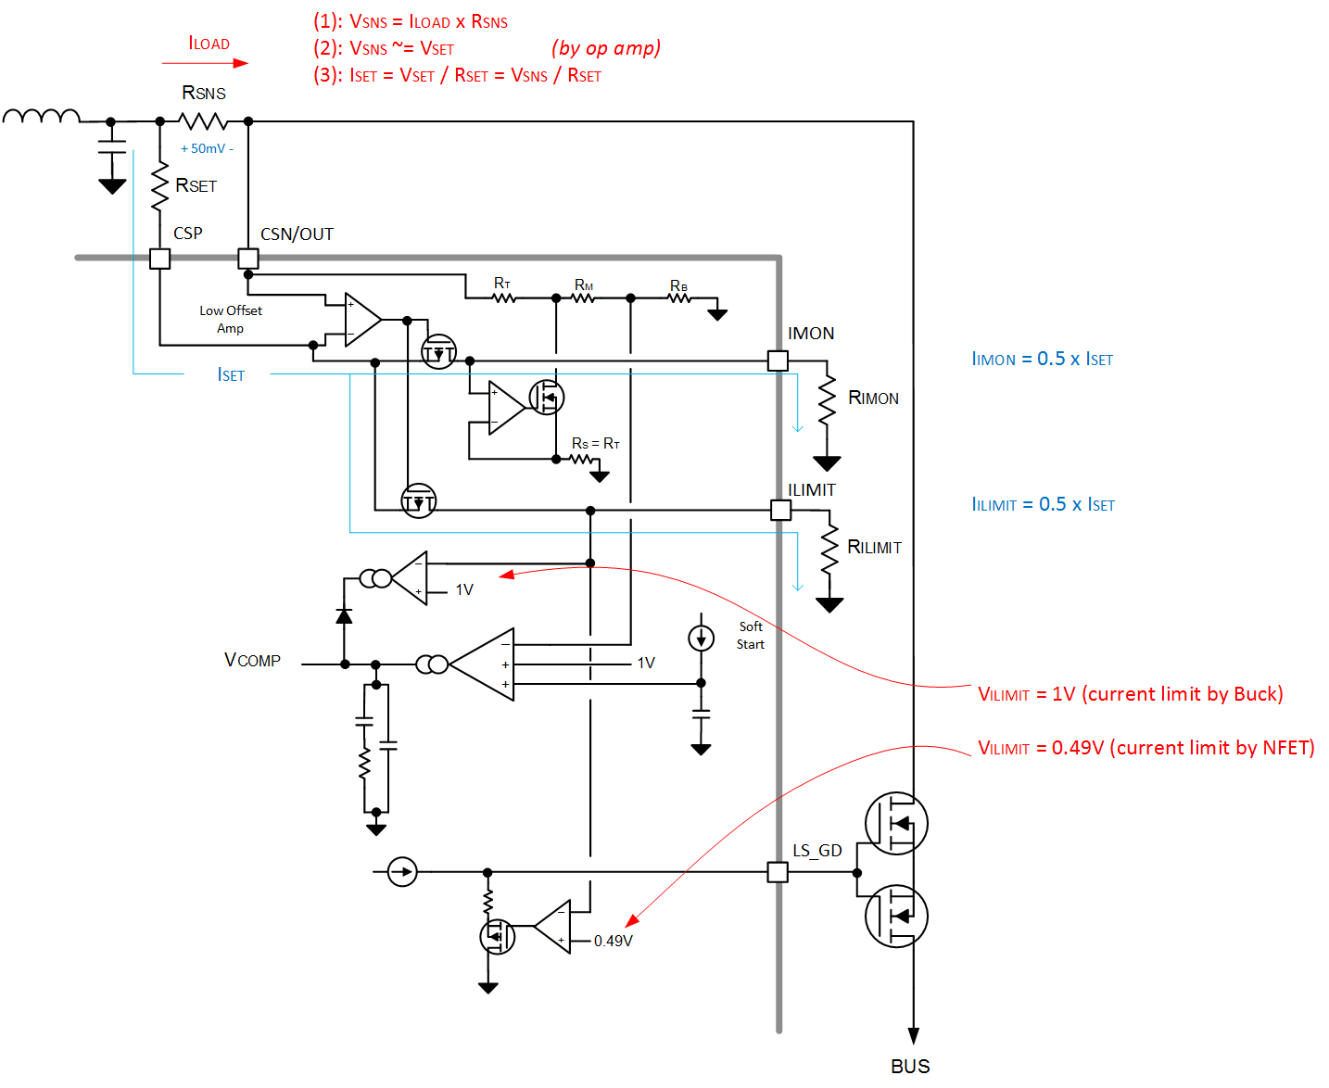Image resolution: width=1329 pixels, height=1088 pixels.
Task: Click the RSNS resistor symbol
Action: coord(203,121)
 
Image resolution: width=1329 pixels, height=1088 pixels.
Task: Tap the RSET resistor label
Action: coord(196,186)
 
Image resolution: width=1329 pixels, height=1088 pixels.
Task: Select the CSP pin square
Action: coord(160,259)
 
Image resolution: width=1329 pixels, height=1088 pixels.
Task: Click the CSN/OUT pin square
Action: coord(248,259)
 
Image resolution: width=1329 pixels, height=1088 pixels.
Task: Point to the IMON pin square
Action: coord(778,361)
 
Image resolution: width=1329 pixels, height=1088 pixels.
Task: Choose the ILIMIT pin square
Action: coord(781,510)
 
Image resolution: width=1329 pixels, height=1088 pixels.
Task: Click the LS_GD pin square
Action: coord(778,872)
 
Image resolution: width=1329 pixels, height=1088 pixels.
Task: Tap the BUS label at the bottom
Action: coord(910,1067)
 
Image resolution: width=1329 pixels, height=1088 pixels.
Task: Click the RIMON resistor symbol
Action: coord(827,400)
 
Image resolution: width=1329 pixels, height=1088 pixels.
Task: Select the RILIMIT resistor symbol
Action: coord(829,548)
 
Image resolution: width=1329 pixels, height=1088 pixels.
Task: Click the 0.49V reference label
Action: coord(614,941)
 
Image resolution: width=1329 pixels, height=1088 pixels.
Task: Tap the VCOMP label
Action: coord(252,660)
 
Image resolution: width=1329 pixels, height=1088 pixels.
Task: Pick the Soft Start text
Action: coord(751,636)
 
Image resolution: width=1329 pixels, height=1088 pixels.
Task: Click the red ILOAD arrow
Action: coord(205,63)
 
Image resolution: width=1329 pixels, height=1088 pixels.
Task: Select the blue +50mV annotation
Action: coord(207,148)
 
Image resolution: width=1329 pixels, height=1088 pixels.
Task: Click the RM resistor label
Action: coord(584,285)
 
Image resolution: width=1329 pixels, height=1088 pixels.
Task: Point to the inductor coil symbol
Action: coord(41,116)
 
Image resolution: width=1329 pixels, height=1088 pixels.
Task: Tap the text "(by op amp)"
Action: coord(606,48)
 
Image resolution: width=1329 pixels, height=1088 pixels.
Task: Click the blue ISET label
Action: coord(231,375)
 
